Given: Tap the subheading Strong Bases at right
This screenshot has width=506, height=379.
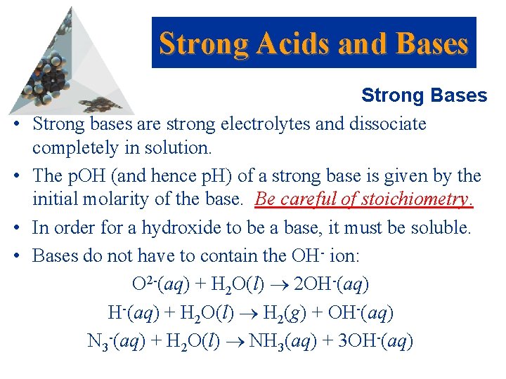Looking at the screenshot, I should pos(424,95).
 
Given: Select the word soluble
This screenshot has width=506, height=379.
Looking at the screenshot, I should pos(442,228).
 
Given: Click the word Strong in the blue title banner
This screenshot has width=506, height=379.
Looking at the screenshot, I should pos(205,44).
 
